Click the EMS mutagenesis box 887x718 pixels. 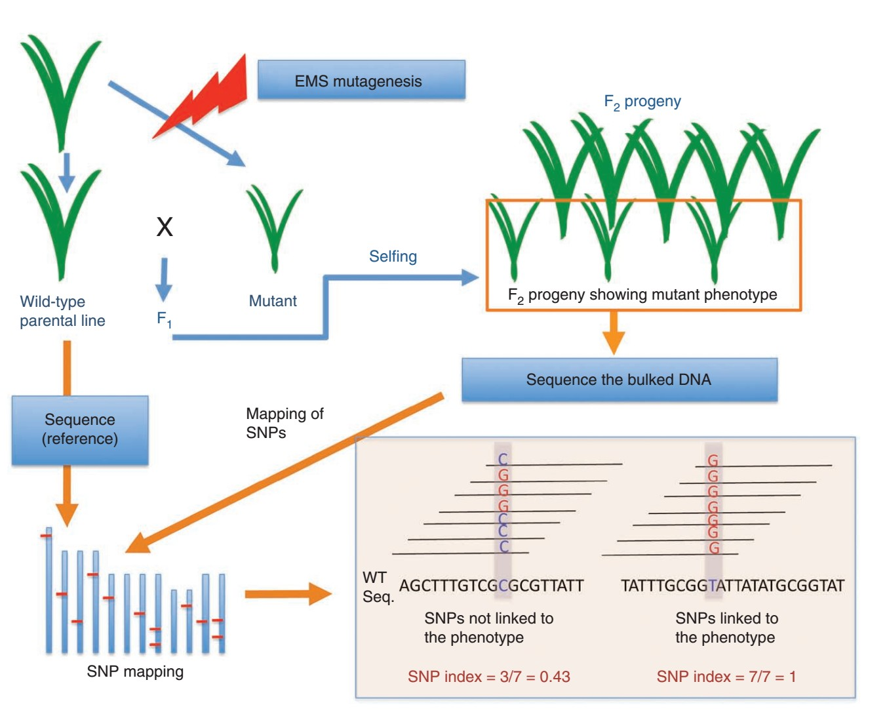361,80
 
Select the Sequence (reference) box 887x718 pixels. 80,429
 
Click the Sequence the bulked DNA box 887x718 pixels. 619,380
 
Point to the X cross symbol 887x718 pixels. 165,227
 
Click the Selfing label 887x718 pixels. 393,256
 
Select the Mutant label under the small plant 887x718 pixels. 273,301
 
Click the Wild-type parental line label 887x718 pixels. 62,311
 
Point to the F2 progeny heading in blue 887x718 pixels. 642,102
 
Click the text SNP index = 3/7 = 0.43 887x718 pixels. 488,677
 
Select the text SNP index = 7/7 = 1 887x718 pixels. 726,677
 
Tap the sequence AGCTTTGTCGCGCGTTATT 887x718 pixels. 491,586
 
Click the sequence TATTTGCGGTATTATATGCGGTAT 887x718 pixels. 732,586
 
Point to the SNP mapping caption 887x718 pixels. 135,671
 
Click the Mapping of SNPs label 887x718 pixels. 284,423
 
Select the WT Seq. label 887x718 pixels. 377,587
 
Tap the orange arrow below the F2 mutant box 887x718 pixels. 613,332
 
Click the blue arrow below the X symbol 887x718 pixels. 163,279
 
